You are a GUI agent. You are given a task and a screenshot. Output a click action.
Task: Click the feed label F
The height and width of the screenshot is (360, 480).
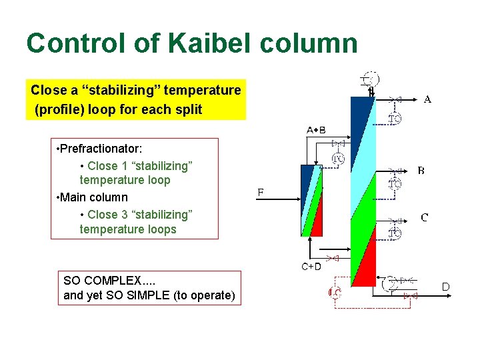pos(261,193)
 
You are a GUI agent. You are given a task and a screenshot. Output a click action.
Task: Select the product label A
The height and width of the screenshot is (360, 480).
pos(427,99)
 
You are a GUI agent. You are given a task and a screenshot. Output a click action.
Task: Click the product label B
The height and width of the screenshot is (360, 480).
pos(421,171)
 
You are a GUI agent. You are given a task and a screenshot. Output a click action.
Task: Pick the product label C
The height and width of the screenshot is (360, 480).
pos(424,217)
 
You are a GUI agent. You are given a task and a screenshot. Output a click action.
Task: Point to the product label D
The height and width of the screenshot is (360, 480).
pos(446,287)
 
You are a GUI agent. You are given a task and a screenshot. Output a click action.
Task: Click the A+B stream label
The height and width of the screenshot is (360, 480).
pos(316,129)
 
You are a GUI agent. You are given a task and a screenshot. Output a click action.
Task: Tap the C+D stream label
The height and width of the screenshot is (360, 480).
pos(311,267)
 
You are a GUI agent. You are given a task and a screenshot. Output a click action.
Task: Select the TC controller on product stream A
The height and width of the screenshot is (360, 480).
pos(395,119)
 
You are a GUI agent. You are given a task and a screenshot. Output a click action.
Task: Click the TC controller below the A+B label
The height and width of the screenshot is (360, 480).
pos(339,159)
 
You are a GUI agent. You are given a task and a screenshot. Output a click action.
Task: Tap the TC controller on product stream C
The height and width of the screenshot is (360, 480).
pos(395,233)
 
